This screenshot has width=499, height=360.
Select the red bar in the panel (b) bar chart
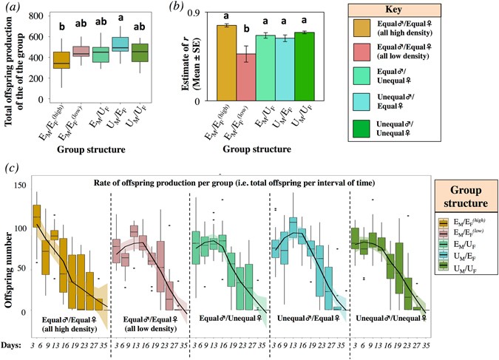[x=245, y=77]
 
